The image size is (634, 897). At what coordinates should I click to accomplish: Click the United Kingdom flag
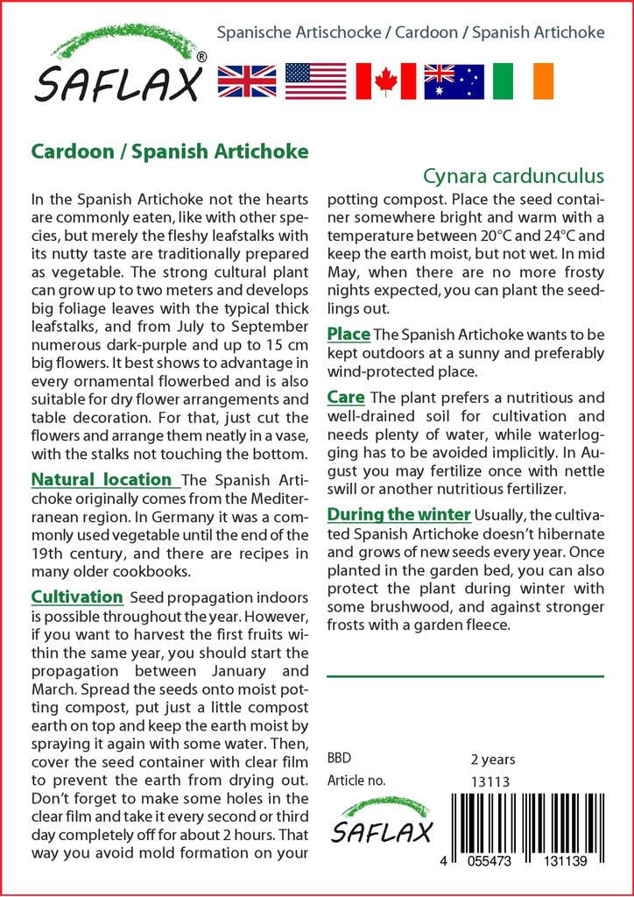[x=247, y=81]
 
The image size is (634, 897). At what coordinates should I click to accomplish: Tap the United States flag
[x=315, y=81]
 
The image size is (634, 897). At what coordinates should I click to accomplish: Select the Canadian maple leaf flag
[x=385, y=81]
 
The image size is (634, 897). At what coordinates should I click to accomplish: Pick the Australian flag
[x=454, y=81]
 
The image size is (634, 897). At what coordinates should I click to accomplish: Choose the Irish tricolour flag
[x=524, y=81]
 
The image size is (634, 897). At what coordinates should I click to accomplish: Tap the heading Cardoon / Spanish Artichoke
[x=170, y=151]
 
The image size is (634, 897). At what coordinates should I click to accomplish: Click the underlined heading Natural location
[x=102, y=479]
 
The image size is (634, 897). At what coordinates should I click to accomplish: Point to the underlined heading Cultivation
[x=77, y=597]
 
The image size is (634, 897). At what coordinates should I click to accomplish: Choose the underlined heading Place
[x=349, y=334]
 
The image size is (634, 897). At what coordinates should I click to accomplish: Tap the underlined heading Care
[x=346, y=398]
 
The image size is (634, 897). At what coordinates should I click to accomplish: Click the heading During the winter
[x=399, y=513]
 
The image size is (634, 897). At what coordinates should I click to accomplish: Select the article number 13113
[x=490, y=781]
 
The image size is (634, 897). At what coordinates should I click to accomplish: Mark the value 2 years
[x=493, y=759]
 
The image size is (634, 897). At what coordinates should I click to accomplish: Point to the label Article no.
[x=356, y=780]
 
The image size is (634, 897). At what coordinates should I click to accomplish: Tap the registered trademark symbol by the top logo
[x=202, y=57]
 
